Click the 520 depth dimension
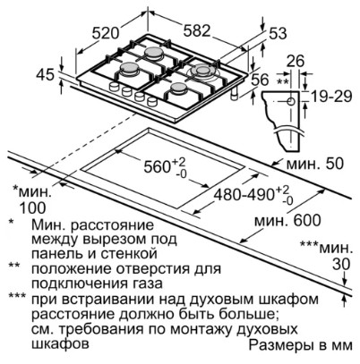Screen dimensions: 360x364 click(105, 32)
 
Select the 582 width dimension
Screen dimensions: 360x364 click(197, 30)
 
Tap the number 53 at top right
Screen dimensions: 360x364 click(278, 33)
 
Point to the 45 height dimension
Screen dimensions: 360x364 click(46, 74)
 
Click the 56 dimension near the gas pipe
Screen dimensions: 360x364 click(260, 80)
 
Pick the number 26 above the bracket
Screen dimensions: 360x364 click(296, 61)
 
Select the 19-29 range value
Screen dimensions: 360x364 click(331, 97)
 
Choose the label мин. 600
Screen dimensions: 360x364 click(287, 221)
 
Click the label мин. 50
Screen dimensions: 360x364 click(315, 164)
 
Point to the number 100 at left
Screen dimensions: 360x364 click(32, 207)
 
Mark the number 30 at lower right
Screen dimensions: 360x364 click(341, 264)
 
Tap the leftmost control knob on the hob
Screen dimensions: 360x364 click(114, 87)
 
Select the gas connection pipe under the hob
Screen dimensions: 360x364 click(235, 94)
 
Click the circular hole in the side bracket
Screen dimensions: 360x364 click(291, 101)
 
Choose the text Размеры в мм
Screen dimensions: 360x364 click(301, 345)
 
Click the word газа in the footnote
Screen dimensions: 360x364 click(148, 284)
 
